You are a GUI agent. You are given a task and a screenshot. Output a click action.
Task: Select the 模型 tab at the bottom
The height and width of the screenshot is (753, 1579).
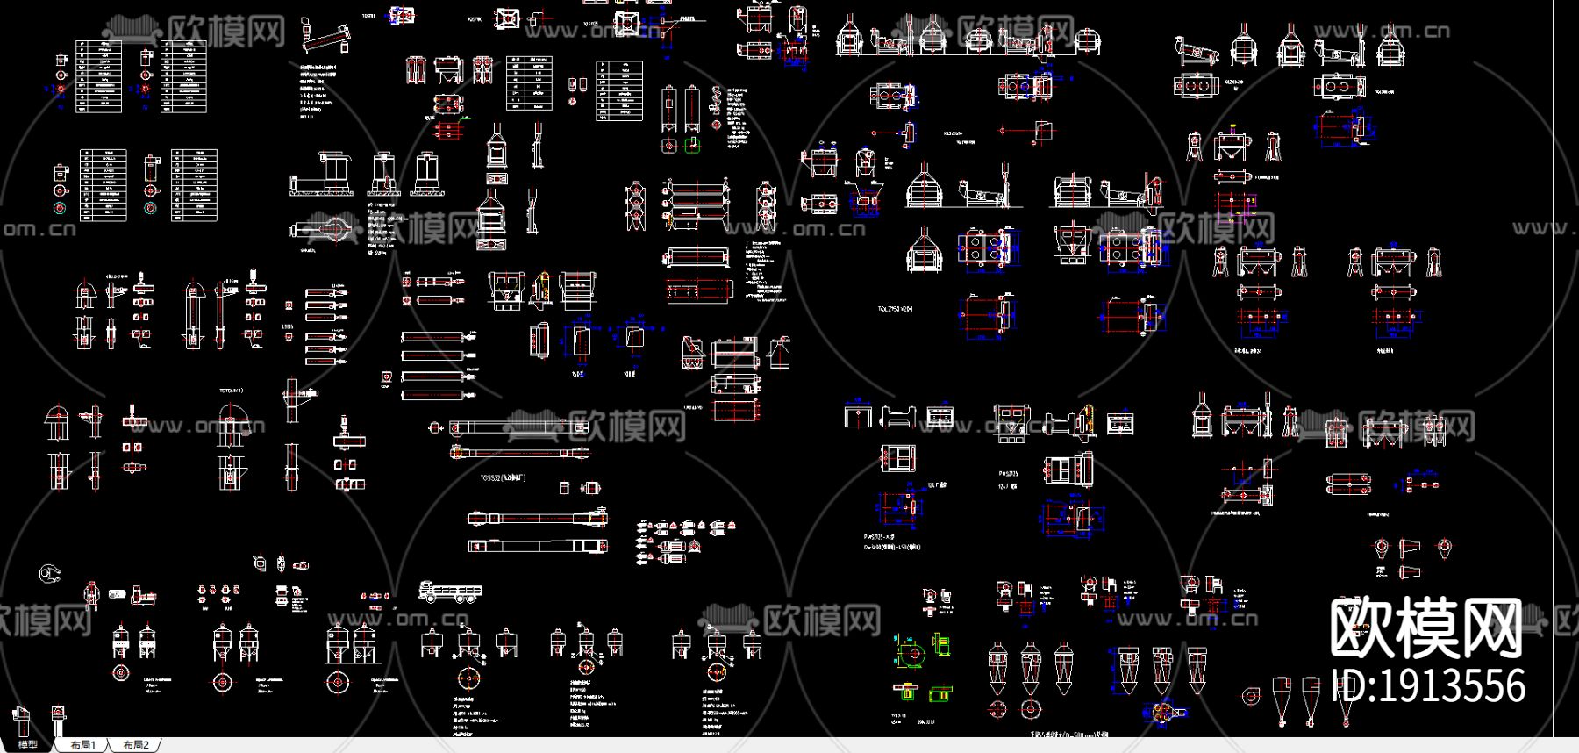coord(28,745)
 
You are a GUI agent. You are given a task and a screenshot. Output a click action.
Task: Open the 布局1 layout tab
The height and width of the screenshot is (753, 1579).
coord(83,745)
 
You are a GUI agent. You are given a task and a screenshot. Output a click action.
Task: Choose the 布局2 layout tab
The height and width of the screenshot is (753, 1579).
coord(136,745)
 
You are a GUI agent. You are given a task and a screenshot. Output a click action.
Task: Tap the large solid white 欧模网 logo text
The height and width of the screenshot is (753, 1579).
coord(1426,628)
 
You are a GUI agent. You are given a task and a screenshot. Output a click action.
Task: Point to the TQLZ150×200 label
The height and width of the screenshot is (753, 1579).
coord(895,309)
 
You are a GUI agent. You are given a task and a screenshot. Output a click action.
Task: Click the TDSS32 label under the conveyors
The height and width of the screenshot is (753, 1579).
coord(503,478)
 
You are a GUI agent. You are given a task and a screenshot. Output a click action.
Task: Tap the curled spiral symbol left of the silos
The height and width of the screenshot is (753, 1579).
coord(50,574)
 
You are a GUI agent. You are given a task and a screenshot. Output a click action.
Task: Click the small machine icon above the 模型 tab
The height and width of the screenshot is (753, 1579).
coord(22,720)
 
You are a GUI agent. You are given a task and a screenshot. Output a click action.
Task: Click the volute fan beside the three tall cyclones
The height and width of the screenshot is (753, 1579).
coord(1250,696)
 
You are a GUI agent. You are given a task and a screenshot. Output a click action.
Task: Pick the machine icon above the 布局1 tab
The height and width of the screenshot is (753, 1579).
coord(58,719)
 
